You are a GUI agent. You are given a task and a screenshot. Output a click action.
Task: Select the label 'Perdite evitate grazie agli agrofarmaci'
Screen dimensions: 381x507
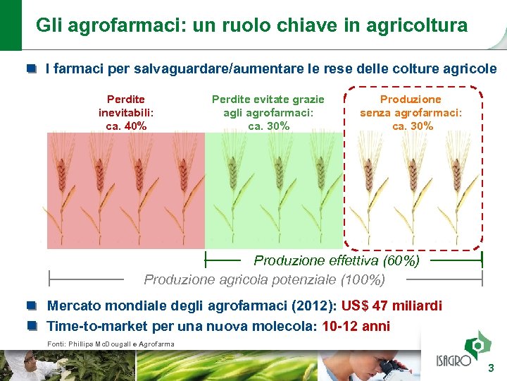268,113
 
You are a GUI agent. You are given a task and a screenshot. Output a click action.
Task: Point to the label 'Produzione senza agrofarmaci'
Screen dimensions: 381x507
412,113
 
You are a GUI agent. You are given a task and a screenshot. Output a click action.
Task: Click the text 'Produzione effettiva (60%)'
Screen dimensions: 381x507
336,260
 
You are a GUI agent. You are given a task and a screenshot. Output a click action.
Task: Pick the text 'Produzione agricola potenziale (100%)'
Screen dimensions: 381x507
264,279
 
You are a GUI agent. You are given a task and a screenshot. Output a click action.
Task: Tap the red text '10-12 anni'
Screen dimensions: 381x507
355,327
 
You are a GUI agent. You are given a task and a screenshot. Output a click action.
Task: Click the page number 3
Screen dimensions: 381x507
492,368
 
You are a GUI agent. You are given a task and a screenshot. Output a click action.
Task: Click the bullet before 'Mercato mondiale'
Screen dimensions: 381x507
32,306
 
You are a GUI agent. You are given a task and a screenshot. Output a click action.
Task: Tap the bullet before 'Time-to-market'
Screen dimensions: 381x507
32,326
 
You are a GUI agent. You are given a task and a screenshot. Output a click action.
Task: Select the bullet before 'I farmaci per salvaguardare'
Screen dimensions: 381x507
32,69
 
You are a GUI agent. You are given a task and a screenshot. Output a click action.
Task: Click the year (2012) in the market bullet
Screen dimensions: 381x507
315,306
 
